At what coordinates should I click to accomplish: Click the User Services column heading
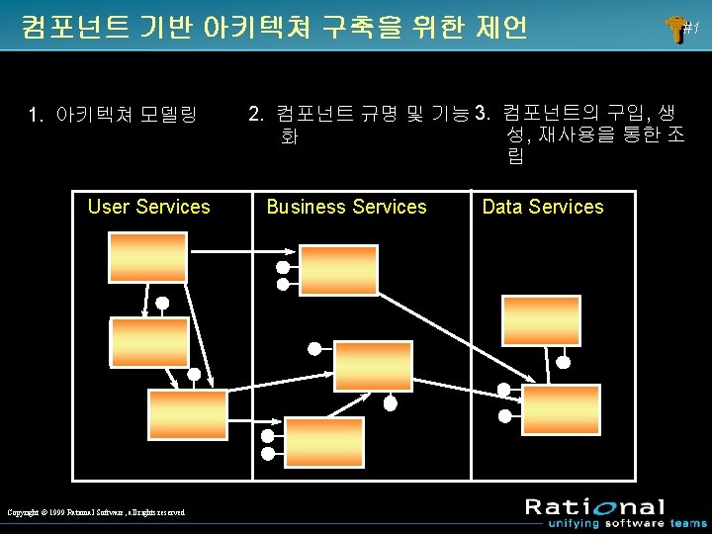148,207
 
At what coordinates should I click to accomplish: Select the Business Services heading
346,207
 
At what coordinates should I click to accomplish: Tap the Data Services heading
542,207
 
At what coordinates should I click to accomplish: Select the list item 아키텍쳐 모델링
127,116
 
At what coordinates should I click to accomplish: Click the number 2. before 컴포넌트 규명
255,116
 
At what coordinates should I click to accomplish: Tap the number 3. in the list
484,112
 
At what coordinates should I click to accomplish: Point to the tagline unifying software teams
616,523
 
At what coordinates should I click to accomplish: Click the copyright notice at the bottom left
96,511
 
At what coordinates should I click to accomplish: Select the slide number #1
690,31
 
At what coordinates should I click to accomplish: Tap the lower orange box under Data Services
561,408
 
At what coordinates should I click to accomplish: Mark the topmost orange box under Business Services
338,270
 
